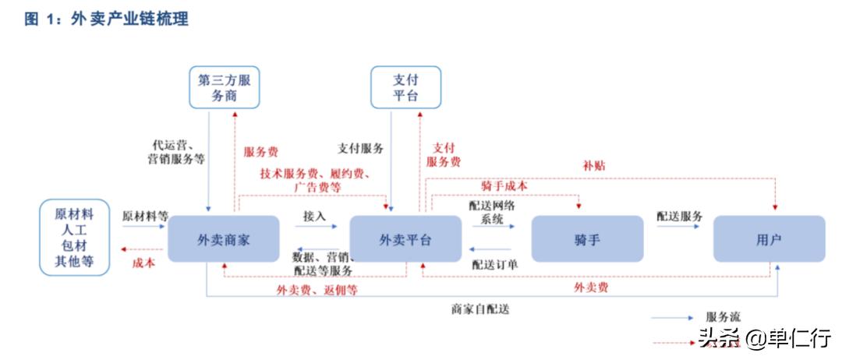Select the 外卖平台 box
[405, 238]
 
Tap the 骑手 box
[587, 238]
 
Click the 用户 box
[769, 238]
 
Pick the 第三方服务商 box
[225, 87]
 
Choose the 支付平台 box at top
[405, 87]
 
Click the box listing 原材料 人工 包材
[74, 238]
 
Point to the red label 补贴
[593, 166]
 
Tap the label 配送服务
[679, 216]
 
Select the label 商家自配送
[479, 309]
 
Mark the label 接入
[314, 216]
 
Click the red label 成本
[144, 263]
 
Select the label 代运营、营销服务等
[177, 152]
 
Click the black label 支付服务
[360, 148]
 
